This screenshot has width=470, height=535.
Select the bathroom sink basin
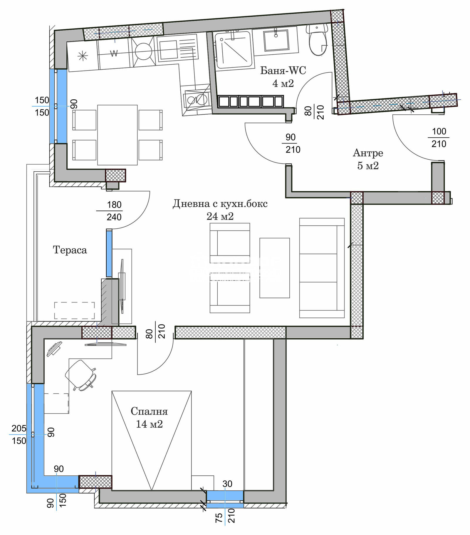[276, 41]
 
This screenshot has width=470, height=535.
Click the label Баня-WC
[283, 71]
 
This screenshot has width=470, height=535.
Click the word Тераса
[70, 250]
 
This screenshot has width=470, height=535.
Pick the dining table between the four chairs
[117, 135]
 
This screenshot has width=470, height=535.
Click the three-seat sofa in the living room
[322, 268]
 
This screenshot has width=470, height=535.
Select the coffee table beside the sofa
[275, 268]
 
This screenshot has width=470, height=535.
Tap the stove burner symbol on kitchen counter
[143, 51]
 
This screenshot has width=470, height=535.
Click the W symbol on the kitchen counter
[114, 53]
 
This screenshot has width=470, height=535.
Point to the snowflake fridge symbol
[83, 56]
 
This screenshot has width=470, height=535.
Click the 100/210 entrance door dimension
[439, 138]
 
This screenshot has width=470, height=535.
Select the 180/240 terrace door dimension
[114, 211]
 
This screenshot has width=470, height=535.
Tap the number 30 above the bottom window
[227, 484]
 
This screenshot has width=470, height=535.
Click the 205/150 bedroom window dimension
[19, 434]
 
